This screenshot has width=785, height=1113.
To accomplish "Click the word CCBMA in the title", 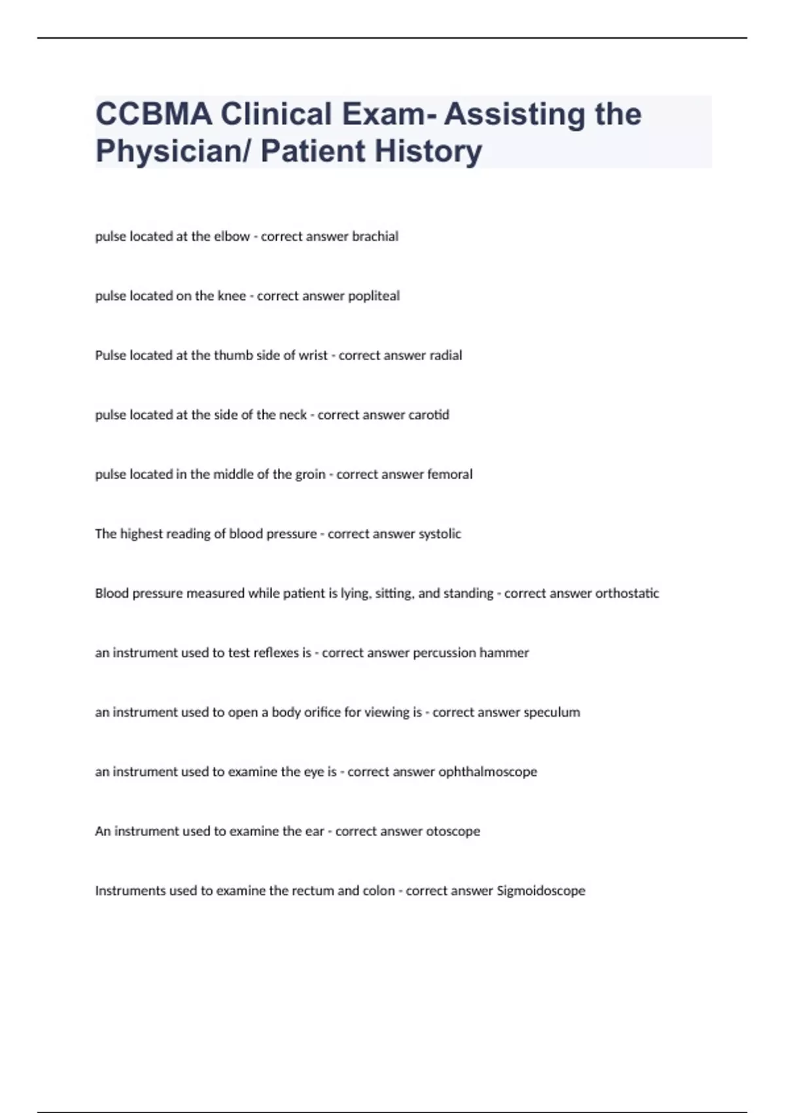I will tap(153, 114).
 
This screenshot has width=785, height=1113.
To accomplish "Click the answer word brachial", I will tap(375, 236).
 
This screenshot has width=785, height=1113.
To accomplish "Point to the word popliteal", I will tap(374, 296).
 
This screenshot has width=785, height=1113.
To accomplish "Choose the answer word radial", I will tap(445, 356).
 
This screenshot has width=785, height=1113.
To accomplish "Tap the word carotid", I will tap(428, 415).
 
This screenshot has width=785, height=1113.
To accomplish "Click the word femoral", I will tap(449, 475).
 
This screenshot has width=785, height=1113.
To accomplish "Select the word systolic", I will tap(440, 534).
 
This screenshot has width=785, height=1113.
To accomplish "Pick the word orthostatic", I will tap(621, 594).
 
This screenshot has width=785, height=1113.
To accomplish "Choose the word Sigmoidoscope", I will tap(541, 891).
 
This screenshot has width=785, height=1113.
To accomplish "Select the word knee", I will tap(232, 296).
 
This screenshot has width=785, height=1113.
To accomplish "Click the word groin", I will tap(310, 475).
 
